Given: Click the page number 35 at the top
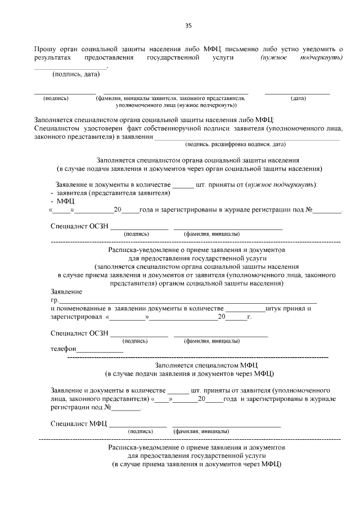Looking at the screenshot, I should click(x=188, y=25).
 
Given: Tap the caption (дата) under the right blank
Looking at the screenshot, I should click(x=298, y=98).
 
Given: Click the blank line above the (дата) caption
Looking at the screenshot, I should click(x=297, y=93).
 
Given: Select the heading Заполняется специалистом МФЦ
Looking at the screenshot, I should click(x=190, y=365).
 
